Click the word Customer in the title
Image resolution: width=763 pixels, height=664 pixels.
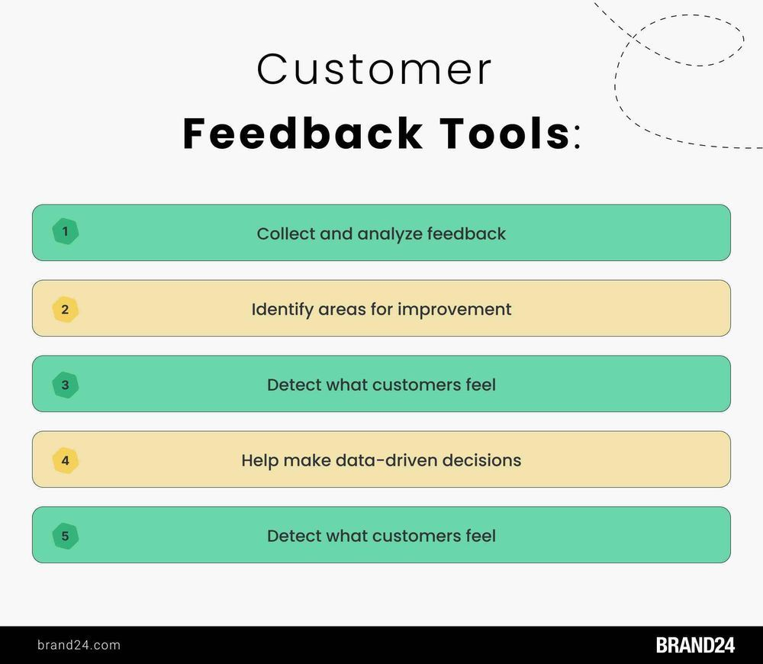(374, 69)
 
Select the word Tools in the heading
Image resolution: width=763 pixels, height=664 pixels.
(504, 134)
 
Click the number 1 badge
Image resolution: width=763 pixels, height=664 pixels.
(65, 231)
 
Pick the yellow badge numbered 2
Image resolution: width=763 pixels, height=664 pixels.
(65, 309)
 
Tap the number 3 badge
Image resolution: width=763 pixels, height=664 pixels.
(65, 385)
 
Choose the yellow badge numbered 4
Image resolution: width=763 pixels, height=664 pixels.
(65, 460)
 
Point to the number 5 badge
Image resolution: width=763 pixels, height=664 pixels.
(65, 536)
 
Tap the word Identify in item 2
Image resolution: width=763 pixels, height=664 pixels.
(282, 310)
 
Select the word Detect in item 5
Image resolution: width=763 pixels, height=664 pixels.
(294, 536)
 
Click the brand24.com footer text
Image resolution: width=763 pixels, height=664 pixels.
(79, 645)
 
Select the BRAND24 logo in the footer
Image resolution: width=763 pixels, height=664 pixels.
(695, 645)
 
